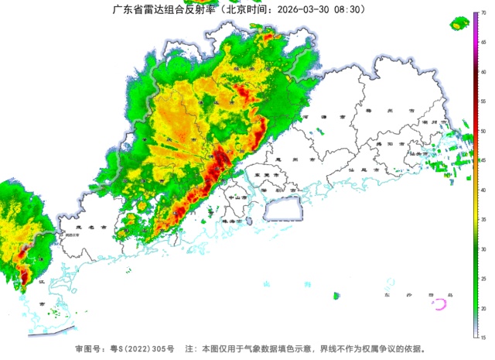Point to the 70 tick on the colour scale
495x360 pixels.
(483, 13)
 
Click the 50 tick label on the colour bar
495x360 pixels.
(483, 131)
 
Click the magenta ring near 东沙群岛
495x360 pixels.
(441, 304)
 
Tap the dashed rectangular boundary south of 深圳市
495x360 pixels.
(282, 208)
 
